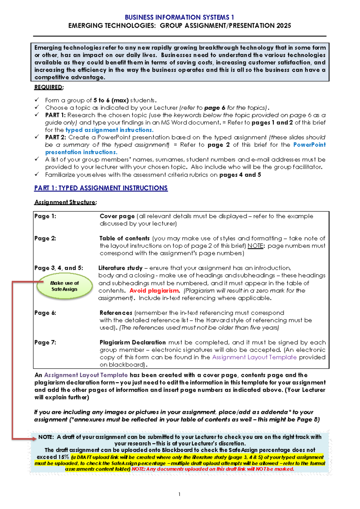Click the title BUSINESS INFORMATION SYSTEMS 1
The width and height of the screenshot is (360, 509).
(x=179, y=17)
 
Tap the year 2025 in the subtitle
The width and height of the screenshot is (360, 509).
(x=284, y=26)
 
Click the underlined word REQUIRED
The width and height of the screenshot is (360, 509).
(x=49, y=87)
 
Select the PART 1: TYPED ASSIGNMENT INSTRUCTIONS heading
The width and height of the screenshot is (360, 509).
(x=101, y=188)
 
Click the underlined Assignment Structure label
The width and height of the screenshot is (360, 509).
(x=65, y=202)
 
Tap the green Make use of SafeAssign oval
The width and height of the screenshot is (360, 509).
(x=64, y=286)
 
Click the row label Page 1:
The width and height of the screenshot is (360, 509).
(x=45, y=216)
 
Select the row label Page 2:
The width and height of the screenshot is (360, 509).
(x=45, y=239)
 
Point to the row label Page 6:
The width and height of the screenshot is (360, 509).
(x=45, y=313)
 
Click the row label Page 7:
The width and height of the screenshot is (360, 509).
(x=45, y=342)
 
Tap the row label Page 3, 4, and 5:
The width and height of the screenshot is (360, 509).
(x=58, y=268)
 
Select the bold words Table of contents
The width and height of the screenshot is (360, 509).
(x=124, y=239)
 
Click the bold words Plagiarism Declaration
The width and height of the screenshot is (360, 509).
(x=133, y=342)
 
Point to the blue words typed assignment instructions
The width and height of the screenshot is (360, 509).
(x=109, y=130)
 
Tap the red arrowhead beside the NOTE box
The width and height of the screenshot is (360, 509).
(x=34, y=438)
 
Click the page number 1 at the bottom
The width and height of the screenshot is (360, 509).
(x=179, y=494)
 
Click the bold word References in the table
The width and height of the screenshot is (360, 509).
(x=116, y=313)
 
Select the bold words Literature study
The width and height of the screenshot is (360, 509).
(x=120, y=268)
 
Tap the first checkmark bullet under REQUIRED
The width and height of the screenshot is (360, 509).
(x=37, y=100)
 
